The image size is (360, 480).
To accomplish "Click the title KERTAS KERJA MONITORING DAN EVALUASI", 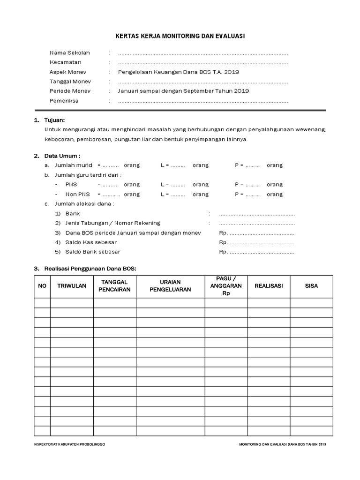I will [x=180, y=36].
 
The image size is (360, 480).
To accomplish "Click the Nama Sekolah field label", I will [x=69, y=53].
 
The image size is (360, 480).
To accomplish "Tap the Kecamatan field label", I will [x=66, y=62].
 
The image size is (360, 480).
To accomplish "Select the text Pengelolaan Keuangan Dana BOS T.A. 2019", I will [x=179, y=72].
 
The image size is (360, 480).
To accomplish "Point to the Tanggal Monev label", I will [x=70, y=82].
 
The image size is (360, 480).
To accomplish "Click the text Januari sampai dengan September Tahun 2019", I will [x=183, y=91].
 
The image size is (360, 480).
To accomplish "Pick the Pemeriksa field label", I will [x=64, y=101].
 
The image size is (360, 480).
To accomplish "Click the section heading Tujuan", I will [x=54, y=120].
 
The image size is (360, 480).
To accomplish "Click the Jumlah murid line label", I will [x=74, y=165].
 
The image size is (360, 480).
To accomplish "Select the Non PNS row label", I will [x=77, y=194].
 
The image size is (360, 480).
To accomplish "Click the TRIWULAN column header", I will [x=72, y=286].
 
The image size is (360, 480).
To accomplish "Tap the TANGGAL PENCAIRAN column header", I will [x=114, y=286].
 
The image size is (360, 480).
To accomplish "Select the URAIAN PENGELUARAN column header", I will [x=170, y=286].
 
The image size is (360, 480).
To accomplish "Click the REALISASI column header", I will [x=269, y=286].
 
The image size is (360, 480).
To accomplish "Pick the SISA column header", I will [x=311, y=286].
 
